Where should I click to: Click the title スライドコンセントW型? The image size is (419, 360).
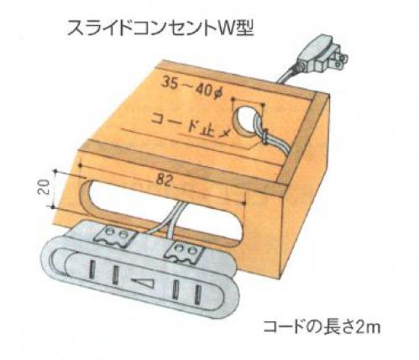coord(160,27)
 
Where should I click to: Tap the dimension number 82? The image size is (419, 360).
coord(164,180)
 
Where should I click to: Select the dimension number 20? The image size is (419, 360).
coord(44,187)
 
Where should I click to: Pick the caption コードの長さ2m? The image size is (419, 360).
coord(322,326)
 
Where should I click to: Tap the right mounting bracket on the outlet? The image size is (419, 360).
coord(184,253)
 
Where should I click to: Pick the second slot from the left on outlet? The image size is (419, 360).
coord(115,274)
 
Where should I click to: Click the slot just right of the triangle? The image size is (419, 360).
coord(175,290)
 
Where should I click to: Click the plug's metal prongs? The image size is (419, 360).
coord(340,58)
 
